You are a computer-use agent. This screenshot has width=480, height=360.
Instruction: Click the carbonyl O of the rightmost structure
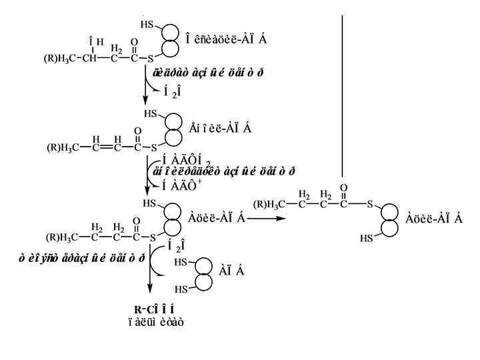pyautogui.click(x=343, y=189)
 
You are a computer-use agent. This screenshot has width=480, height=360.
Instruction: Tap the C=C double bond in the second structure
pyautogui.click(x=107, y=147)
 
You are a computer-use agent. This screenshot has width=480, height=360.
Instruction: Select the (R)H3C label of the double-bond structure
pyautogui.click(x=63, y=147)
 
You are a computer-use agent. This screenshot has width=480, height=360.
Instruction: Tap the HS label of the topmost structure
pyautogui.click(x=147, y=25)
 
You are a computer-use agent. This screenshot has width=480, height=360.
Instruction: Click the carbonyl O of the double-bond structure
pyautogui.click(x=137, y=131)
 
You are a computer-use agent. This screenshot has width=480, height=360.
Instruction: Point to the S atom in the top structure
pyautogui.click(x=151, y=59)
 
